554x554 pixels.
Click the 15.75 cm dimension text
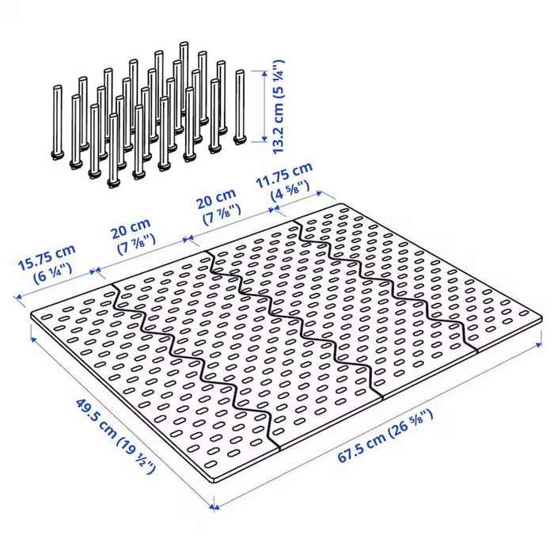[47, 255]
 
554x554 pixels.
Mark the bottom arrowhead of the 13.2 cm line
[262, 141]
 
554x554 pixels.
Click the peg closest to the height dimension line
[241, 106]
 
